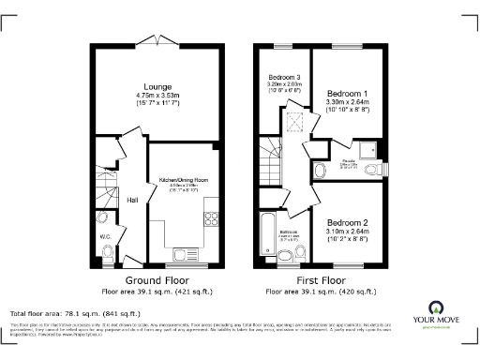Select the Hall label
click(x=133, y=200)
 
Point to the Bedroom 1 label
click(x=347, y=95)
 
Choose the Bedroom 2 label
click(x=347, y=221)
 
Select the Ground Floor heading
click(x=156, y=279)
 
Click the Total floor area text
click(x=75, y=313)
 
